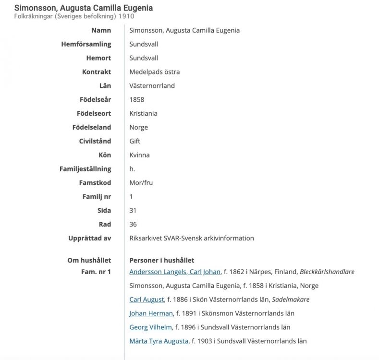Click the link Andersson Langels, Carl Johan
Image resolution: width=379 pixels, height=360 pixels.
[175, 272]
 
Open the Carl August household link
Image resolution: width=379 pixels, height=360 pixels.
[147, 300]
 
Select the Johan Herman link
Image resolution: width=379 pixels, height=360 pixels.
[151, 313]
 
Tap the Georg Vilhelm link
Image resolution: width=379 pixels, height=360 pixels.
[150, 327]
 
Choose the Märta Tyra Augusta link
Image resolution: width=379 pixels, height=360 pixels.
[158, 341]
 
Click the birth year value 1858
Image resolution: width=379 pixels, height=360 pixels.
[137, 100]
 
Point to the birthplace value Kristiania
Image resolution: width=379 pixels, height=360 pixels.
[143, 114]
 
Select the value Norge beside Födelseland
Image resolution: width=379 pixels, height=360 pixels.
[138, 128]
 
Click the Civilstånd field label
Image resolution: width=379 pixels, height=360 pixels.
[95, 141]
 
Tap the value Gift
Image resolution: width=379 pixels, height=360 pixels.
[135, 141]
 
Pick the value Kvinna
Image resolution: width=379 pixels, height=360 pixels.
[139, 155]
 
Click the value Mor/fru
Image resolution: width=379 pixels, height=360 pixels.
[141, 183]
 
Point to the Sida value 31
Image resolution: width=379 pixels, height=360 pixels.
[134, 210]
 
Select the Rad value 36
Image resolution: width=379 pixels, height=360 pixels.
[134, 224]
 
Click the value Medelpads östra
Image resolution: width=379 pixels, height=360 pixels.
[155, 72]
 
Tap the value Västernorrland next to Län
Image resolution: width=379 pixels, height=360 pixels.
[152, 86]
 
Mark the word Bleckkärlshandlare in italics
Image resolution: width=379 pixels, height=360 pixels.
[327, 272]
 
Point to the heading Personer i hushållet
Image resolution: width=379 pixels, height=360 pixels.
[162, 260]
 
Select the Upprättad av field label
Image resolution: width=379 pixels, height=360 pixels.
[90, 238]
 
